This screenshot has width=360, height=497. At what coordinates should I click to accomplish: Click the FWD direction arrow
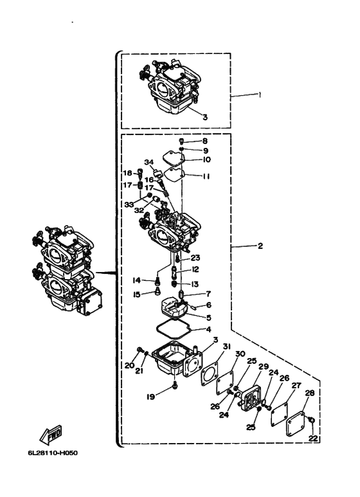coord(51,435)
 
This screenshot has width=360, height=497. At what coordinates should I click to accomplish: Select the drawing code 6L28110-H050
coord(53,453)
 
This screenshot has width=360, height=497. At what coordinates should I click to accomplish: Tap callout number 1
coord(260,95)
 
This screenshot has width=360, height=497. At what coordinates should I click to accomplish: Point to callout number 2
coord(260,246)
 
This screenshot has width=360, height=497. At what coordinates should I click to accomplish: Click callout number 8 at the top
coord(204,141)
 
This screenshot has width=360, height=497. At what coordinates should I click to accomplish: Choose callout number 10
coord(206,159)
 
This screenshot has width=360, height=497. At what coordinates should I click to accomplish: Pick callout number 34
coord(149,162)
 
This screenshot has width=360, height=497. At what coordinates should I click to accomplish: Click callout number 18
coord(127,173)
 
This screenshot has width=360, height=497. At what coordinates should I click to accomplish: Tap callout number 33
coord(129,204)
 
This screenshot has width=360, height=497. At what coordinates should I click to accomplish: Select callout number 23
coord(195,258)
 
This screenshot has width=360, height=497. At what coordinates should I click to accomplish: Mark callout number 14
coord(136,280)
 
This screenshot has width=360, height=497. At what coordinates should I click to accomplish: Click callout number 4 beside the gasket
coord(208,330)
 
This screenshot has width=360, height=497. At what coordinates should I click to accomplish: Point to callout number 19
coord(150,397)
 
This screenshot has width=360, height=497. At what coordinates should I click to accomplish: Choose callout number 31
coord(226,347)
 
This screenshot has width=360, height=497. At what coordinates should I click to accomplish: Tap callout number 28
coord(310,393)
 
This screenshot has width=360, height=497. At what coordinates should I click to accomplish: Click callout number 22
coord(313,438)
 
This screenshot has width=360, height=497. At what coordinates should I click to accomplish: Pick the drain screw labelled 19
coord(175,385)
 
